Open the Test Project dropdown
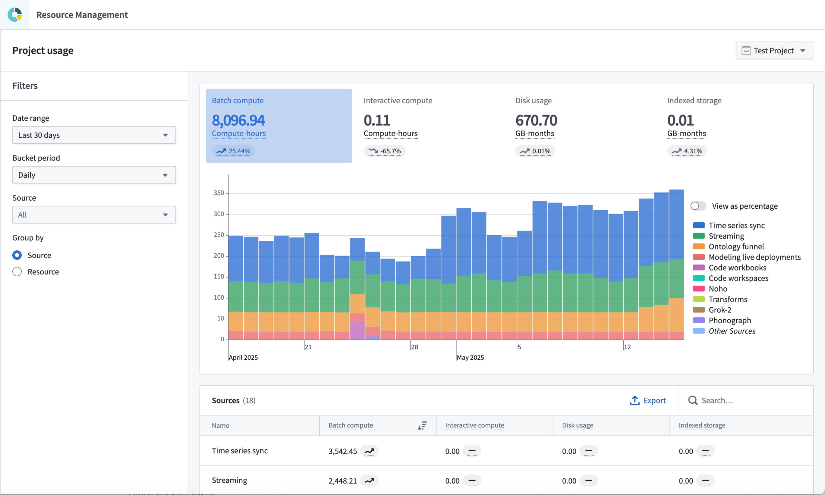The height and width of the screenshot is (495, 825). click(x=774, y=50)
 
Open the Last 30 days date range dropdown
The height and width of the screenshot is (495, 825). click(x=94, y=135)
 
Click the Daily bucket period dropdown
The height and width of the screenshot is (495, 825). click(x=94, y=175)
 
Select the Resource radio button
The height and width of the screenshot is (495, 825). click(x=17, y=271)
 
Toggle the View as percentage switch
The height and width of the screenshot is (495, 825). click(x=698, y=206)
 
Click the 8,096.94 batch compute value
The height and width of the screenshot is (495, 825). click(x=238, y=120)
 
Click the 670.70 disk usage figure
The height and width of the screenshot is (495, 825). click(x=536, y=120)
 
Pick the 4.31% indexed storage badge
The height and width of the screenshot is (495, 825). click(x=687, y=151)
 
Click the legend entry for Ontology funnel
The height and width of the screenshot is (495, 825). click(x=736, y=247)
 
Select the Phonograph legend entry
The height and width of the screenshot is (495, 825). click(x=729, y=320)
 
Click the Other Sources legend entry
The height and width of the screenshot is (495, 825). click(x=731, y=331)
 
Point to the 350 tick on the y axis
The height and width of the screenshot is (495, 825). click(x=219, y=193)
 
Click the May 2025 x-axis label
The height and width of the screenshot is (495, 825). click(x=470, y=357)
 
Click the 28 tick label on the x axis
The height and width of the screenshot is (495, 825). click(x=414, y=347)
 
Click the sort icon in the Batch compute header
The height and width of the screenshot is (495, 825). click(x=422, y=425)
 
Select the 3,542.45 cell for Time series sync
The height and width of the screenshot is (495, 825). click(x=343, y=451)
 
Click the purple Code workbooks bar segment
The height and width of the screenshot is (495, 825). click(x=357, y=330)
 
